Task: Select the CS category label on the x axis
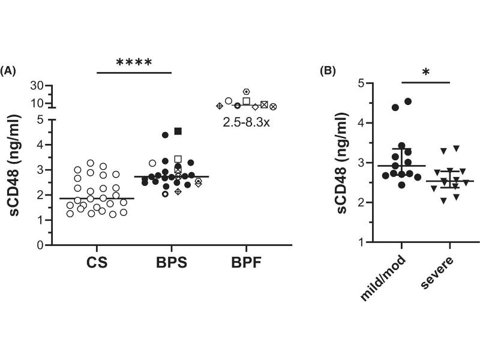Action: tap(97, 263)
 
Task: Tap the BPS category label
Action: tap(171, 263)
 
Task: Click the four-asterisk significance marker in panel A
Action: tap(134, 62)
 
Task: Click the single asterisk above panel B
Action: tap(425, 73)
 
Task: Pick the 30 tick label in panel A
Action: tap(38, 85)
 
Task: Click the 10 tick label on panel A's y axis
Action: tap(38, 103)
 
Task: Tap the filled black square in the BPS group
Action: tap(178, 131)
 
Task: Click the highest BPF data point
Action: tap(246, 92)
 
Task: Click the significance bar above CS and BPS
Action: tap(134, 73)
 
